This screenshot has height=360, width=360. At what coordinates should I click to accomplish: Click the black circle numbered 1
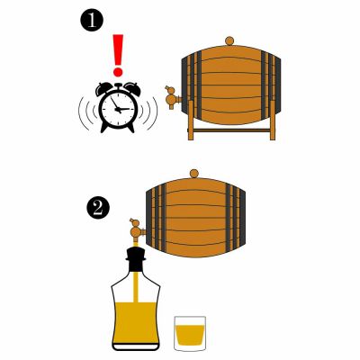pyautogui.click(x=92, y=21)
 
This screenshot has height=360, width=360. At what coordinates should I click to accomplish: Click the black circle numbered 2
pyautogui.click(x=98, y=208)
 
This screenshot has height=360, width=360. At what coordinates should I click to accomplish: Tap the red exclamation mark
pyautogui.click(x=118, y=55)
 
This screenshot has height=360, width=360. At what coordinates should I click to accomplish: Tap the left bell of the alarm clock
pyautogui.click(x=104, y=87)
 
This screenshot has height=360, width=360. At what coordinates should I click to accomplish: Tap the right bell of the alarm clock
pyautogui.click(x=132, y=87)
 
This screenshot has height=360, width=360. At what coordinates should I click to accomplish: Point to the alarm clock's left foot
pyautogui.click(x=103, y=128)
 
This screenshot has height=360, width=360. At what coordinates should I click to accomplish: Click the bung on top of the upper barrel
pyautogui.click(x=229, y=41)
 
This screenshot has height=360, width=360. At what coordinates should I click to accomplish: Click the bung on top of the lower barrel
pyautogui.click(x=194, y=174)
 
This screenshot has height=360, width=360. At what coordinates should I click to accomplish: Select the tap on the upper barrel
pyautogui.click(x=173, y=97)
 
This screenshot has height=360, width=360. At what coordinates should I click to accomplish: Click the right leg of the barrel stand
pyautogui.click(x=273, y=121)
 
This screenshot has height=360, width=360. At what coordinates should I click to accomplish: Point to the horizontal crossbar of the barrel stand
pyautogui.click(x=231, y=130)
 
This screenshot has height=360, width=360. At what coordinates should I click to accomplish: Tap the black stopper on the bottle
pyautogui.click(x=136, y=258)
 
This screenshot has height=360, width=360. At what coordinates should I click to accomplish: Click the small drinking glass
pyautogui.click(x=190, y=333)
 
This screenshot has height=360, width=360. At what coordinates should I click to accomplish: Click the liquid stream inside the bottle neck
pyautogui.click(x=135, y=286)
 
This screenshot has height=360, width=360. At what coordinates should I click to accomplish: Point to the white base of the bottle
pyautogui.click(x=136, y=346)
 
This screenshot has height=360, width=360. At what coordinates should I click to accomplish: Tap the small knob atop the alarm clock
pyautogui.click(x=118, y=85)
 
